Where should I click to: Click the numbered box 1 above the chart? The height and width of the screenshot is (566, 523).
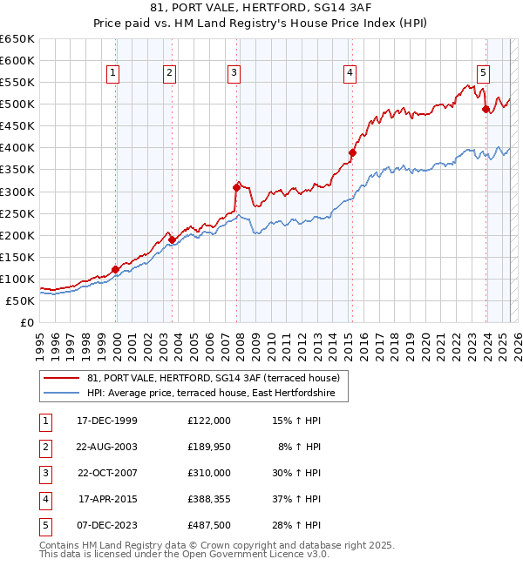(114, 73)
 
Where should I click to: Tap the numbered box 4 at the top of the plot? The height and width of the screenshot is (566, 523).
(350, 73)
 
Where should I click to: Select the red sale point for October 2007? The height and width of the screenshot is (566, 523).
(236, 186)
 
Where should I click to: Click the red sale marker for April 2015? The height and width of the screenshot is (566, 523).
(352, 152)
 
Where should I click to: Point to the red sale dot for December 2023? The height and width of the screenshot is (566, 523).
(486, 109)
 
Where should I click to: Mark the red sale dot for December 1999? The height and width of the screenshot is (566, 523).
(115, 269)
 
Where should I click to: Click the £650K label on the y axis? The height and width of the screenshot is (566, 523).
(17, 39)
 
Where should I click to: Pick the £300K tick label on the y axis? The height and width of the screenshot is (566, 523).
(17, 192)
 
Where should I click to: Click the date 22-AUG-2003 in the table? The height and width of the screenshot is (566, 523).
(107, 446)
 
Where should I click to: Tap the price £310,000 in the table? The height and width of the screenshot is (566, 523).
(209, 472)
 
